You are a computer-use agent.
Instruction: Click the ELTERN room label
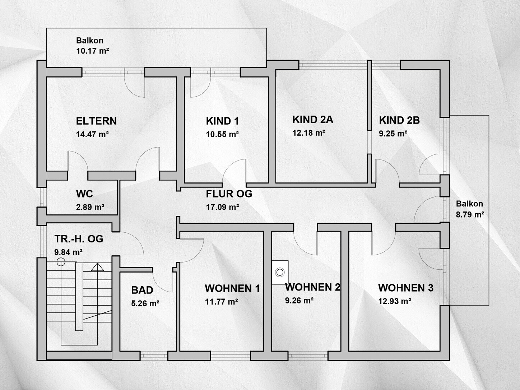click(x=96, y=121)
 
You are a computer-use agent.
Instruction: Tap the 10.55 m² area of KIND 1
click(x=222, y=134)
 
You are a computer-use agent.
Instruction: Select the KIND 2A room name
click(x=313, y=120)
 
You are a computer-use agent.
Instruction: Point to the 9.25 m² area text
click(x=393, y=134)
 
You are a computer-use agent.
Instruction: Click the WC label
click(x=84, y=194)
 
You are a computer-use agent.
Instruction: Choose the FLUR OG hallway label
click(x=229, y=194)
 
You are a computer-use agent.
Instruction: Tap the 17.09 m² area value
click(x=222, y=207)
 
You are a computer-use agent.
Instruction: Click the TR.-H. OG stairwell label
click(x=79, y=239)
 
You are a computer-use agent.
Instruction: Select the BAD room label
click(x=142, y=290)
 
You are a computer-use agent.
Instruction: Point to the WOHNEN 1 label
click(x=232, y=288)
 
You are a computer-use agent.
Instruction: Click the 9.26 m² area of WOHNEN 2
click(x=299, y=301)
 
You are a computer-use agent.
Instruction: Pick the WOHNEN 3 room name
click(x=406, y=288)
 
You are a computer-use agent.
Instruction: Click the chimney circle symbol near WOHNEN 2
click(x=280, y=272)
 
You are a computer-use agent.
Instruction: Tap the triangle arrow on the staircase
click(x=97, y=267)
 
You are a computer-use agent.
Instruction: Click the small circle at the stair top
click(x=61, y=262)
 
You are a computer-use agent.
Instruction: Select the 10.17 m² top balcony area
click(x=92, y=51)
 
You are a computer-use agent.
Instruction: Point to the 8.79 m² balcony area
click(x=470, y=214)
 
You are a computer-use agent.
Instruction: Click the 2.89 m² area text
click(x=90, y=207)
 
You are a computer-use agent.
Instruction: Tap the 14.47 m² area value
click(x=92, y=134)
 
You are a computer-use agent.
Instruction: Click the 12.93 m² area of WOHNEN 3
click(x=394, y=301)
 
